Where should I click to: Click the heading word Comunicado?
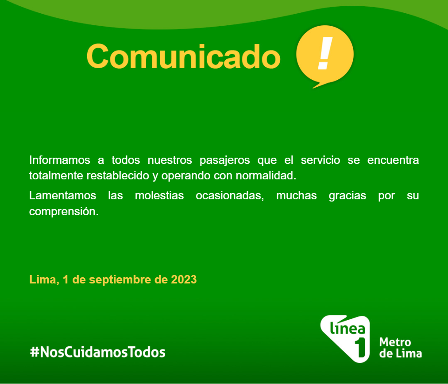183,56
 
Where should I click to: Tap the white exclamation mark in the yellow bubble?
325,53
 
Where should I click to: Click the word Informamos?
60,160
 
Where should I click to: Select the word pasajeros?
224,161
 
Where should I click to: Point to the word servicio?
321,160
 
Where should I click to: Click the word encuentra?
393,160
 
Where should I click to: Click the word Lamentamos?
62,196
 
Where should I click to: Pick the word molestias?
159,196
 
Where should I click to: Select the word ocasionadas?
230,196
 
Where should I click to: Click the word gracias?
347,196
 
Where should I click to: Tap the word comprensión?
64,212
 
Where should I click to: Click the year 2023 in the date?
184,279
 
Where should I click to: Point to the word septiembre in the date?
120,280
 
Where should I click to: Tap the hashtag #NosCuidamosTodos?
98,352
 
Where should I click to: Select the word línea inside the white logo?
348,328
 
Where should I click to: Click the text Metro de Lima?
400,347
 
